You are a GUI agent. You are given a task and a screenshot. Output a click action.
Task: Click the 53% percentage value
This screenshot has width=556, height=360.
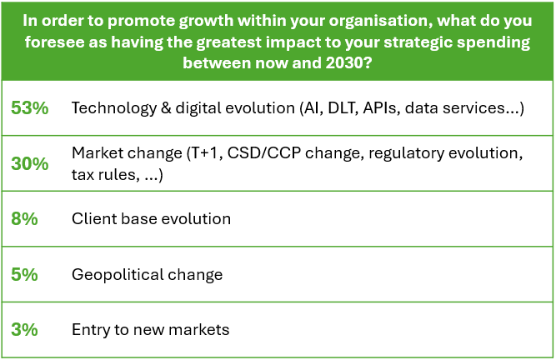coord(30,107)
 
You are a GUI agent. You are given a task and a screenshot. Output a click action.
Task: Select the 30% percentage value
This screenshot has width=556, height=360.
coord(30,163)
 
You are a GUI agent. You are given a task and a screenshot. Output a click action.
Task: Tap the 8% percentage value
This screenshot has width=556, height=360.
coord(24,218)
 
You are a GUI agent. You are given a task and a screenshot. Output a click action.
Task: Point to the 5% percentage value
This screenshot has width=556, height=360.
coord(24,274)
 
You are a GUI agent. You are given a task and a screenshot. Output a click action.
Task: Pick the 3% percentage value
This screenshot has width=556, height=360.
coord(24,329)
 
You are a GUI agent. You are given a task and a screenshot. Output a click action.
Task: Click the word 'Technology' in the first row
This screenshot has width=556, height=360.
coord(114,108)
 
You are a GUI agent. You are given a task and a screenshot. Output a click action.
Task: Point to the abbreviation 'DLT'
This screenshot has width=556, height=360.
coord(343,107)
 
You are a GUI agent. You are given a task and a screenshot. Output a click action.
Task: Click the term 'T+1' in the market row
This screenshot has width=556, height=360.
coord(204,153)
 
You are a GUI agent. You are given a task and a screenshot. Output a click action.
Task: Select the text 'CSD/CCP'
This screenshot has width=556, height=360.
coord(264,153)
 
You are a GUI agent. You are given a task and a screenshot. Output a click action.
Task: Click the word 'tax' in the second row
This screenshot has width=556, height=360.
coord(83,174)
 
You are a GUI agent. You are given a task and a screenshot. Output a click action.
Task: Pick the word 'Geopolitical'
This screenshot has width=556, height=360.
coord(118,275)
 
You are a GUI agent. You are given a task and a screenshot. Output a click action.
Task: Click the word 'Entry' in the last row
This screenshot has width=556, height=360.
coord(91,330)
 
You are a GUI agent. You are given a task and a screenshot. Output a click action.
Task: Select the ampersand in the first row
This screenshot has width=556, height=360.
coord(166,107)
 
